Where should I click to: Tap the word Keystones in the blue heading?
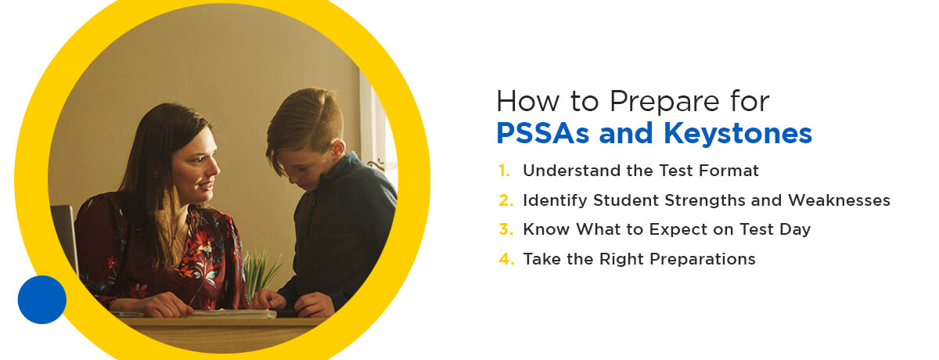[738, 134]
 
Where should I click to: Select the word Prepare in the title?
[664, 102]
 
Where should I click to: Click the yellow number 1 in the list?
[504, 171]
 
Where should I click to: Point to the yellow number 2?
[506, 200]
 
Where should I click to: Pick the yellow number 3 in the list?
[506, 229]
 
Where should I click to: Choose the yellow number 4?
[506, 258]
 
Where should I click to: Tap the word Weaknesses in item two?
[839, 200]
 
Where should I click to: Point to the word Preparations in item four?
[703, 260]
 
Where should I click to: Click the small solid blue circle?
[42, 299]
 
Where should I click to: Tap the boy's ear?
[337, 149]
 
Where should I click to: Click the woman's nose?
[214, 167]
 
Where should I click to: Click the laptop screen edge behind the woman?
[67, 237]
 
